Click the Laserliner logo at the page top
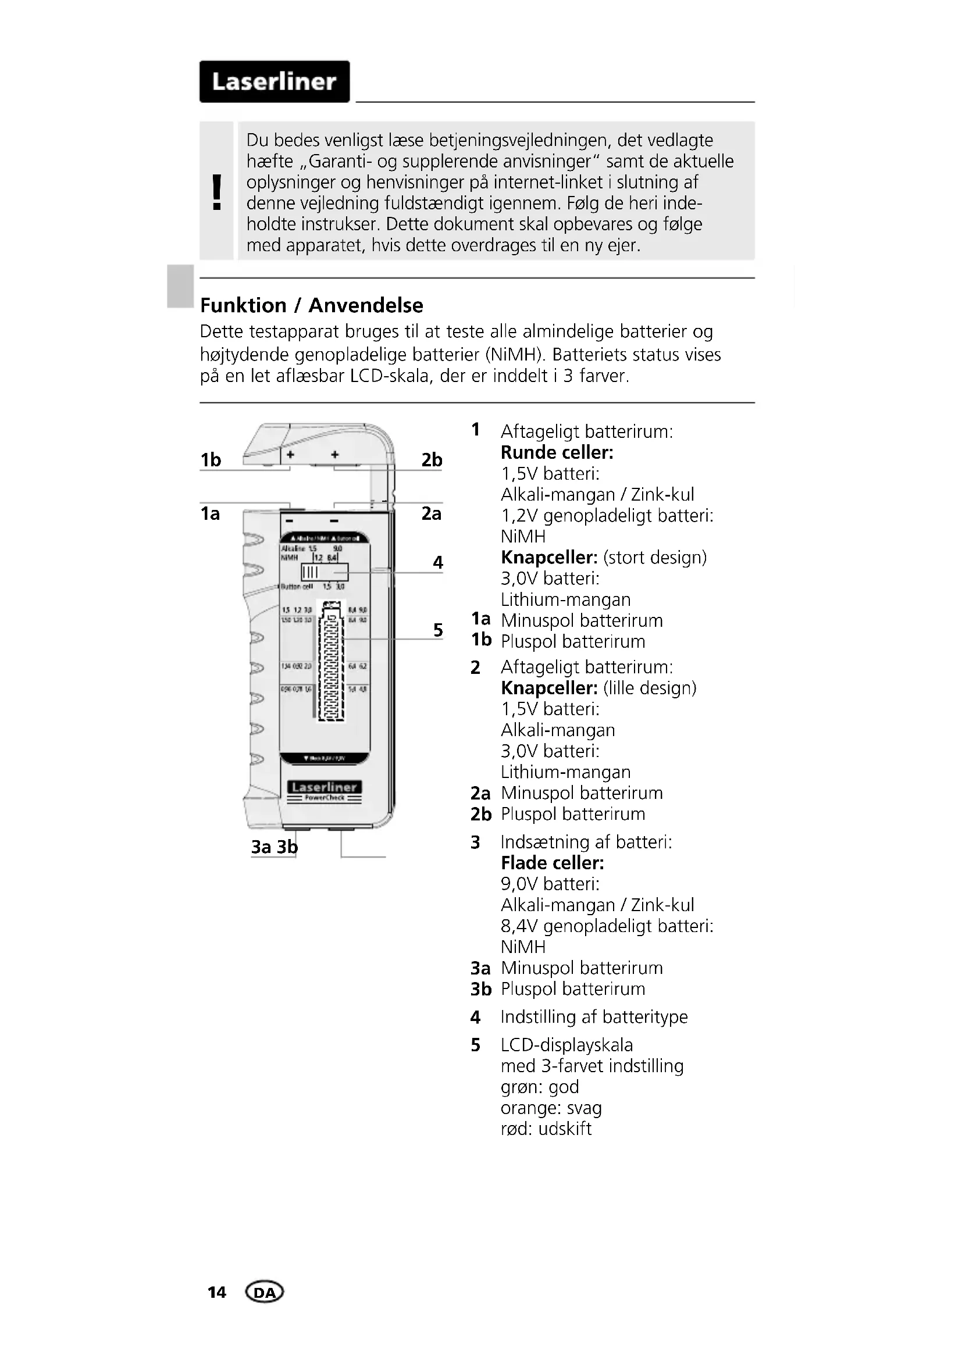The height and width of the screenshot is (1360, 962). pyautogui.click(x=275, y=82)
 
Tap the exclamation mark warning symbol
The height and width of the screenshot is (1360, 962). pyautogui.click(x=217, y=192)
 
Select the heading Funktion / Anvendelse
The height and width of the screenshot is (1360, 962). pyautogui.click(x=312, y=305)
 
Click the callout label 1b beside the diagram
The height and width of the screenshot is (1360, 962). pyautogui.click(x=211, y=460)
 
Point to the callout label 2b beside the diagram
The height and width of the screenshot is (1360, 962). pyautogui.click(x=432, y=460)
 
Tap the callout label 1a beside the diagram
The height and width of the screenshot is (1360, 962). pyautogui.click(x=211, y=513)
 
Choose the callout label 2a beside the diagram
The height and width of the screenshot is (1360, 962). pyautogui.click(x=432, y=513)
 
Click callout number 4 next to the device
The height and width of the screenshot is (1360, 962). pyautogui.click(x=438, y=562)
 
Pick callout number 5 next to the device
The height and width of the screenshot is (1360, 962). pyautogui.click(x=438, y=630)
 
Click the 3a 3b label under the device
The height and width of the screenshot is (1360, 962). pyautogui.click(x=275, y=847)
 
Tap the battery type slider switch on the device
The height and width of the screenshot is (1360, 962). pyautogui.click(x=324, y=572)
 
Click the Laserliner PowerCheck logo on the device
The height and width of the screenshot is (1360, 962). pyautogui.click(x=325, y=791)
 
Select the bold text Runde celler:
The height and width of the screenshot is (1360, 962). pyautogui.click(x=557, y=452)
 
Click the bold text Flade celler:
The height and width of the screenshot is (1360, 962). pyautogui.click(x=552, y=863)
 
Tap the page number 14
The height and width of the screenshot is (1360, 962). pyautogui.click(x=217, y=1292)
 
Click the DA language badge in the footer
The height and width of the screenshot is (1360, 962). pyautogui.click(x=264, y=1292)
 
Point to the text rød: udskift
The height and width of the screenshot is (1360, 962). pyautogui.click(x=546, y=1129)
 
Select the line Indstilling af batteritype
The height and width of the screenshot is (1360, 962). pyautogui.click(x=594, y=1016)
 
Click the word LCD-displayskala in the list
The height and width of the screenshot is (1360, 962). pyautogui.click(x=566, y=1045)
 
